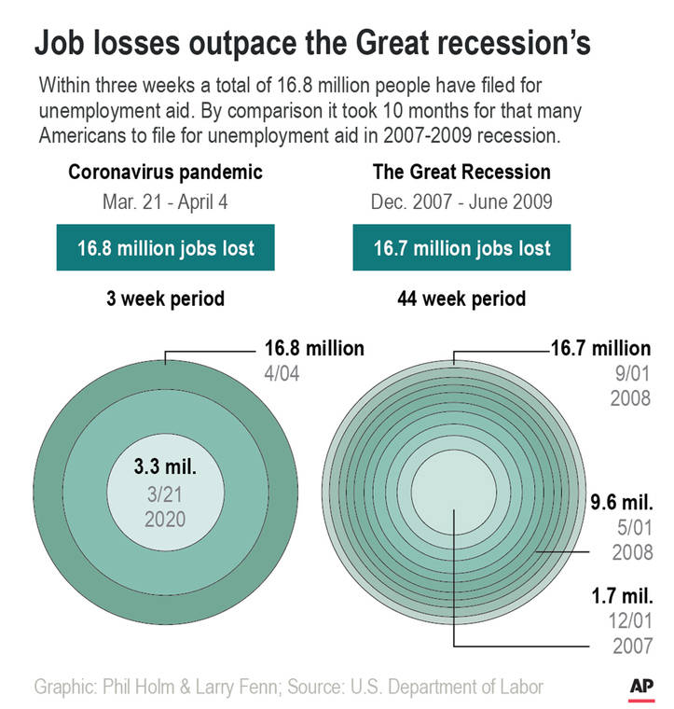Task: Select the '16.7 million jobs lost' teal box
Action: [x=461, y=248]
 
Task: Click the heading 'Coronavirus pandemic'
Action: [x=165, y=173]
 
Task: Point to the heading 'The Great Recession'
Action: [x=461, y=173]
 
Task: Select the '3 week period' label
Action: [x=165, y=299]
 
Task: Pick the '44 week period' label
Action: [x=461, y=299]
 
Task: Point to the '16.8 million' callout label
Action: [x=309, y=349]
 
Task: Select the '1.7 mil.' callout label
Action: [x=620, y=594]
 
